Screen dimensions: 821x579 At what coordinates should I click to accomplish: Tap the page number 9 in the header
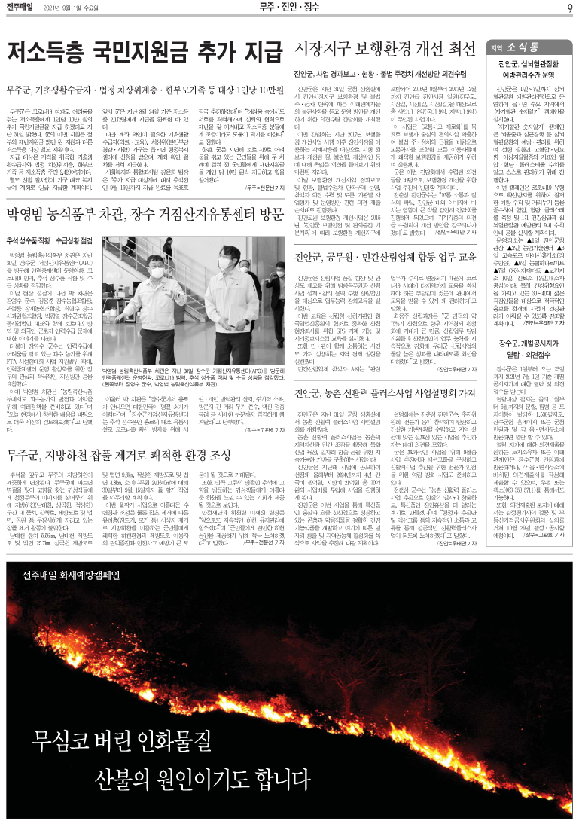(570, 8)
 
